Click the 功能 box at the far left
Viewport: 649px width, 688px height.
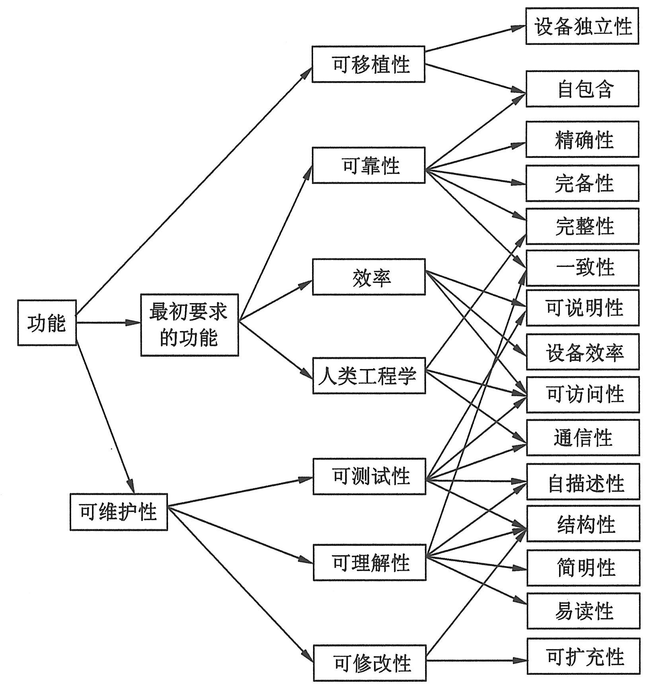47,323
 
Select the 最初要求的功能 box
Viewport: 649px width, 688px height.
189,325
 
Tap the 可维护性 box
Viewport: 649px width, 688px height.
119,512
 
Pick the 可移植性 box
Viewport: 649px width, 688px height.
368,64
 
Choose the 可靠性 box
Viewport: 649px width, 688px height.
368,165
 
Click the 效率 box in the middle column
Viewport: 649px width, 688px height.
369,277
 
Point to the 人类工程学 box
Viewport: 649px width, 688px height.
369,376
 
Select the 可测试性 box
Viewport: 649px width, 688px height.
369,476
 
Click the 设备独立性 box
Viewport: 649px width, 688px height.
582,26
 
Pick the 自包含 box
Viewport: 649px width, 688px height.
583,89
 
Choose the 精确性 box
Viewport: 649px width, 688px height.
583,140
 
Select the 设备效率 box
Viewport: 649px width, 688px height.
583,352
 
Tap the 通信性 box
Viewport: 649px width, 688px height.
583,438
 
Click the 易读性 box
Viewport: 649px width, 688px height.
584,611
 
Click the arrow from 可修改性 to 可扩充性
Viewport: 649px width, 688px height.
477,661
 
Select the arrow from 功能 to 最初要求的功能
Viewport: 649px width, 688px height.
108,323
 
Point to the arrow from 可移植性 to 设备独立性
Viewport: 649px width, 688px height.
476,39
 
